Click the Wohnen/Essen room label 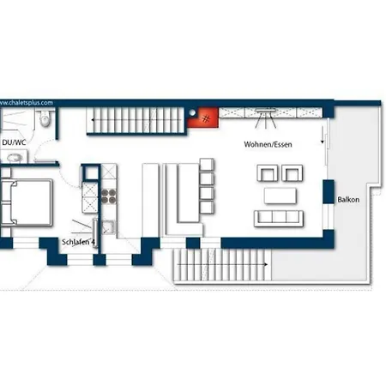click(x=268, y=144)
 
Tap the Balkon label click(x=348, y=199)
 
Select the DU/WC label click(x=14, y=142)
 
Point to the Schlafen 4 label click(x=78, y=242)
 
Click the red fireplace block click(x=203, y=118)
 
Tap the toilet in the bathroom click(x=45, y=118)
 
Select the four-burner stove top click(x=109, y=196)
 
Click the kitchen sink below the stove click(x=109, y=227)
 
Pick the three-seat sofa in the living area click(x=279, y=219)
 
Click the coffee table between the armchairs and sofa click(x=280, y=196)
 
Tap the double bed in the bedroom click(x=27, y=202)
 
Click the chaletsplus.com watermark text click(x=27, y=103)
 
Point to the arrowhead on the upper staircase click(x=93, y=120)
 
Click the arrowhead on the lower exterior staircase click(x=266, y=264)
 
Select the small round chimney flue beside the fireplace click(x=192, y=113)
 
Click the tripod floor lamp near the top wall click(x=266, y=118)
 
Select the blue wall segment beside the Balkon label click(x=329, y=191)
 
